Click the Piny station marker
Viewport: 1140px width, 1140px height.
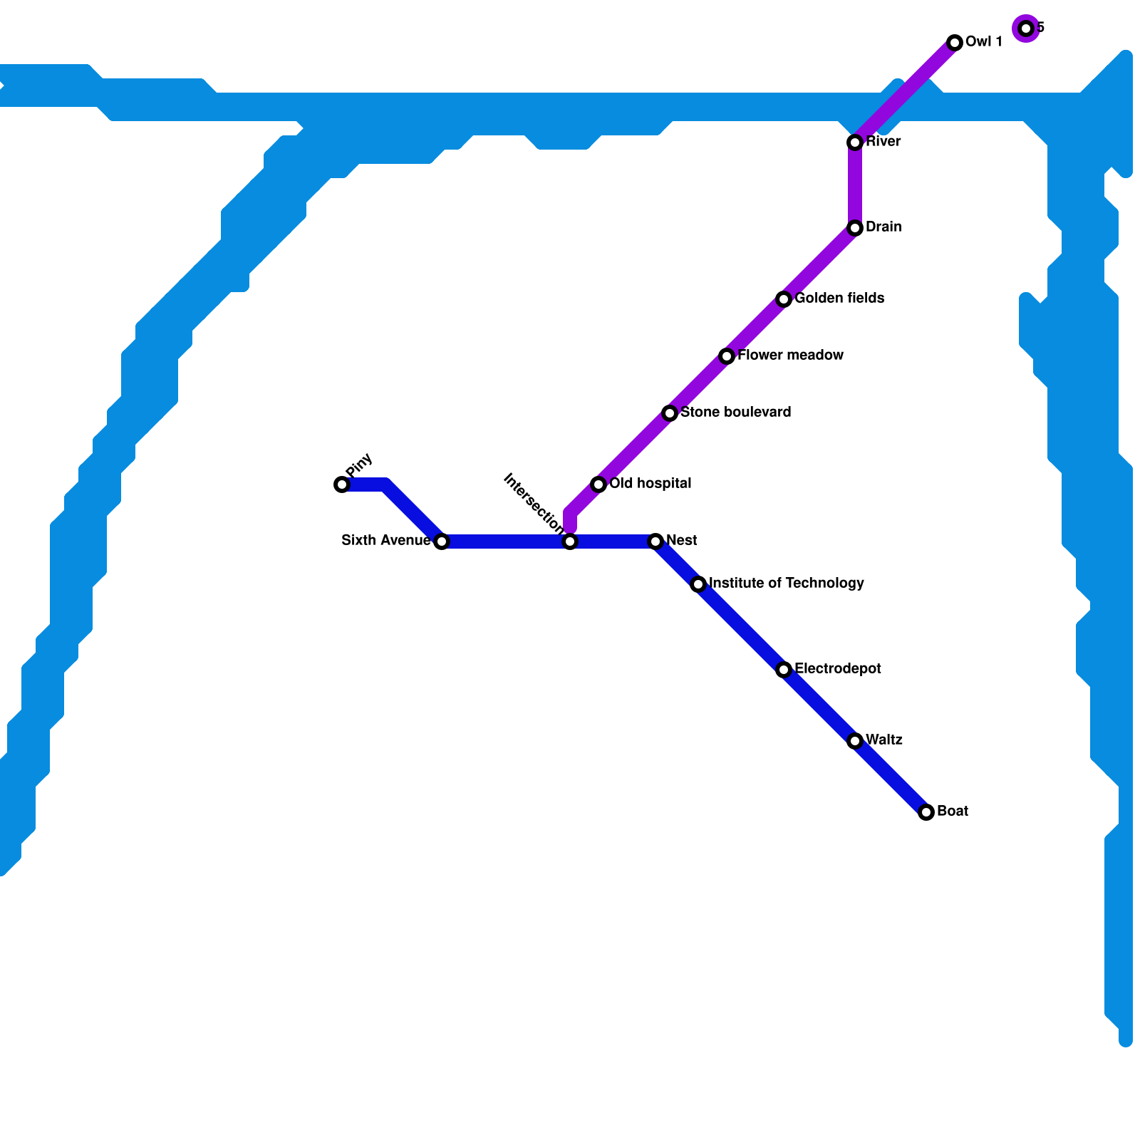coord(342,484)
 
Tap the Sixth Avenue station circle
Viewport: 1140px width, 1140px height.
coord(442,541)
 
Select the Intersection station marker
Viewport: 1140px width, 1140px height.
coord(570,541)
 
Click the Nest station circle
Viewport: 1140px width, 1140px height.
coord(655,541)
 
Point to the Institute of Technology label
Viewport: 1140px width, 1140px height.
coord(787,584)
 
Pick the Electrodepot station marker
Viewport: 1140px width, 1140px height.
coord(784,670)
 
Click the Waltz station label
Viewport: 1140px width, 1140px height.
coord(884,740)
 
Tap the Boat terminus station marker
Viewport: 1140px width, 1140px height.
coord(926,812)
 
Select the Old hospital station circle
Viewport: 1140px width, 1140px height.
coord(598,484)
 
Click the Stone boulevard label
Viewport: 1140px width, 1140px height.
coord(735,413)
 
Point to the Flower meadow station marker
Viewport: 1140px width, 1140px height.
coord(727,356)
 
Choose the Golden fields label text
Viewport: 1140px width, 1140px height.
coord(839,299)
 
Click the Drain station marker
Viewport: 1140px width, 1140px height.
coord(855,228)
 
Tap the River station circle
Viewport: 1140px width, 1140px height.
coord(855,142)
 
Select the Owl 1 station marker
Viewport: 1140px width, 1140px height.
coord(955,43)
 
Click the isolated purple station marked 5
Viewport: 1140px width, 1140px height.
coord(1026,28)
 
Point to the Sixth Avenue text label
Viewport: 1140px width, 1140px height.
coord(385,541)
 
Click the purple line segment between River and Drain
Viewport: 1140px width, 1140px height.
coord(855,185)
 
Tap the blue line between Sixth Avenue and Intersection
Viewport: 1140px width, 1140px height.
coord(506,541)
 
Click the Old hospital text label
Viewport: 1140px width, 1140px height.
coord(650,484)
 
